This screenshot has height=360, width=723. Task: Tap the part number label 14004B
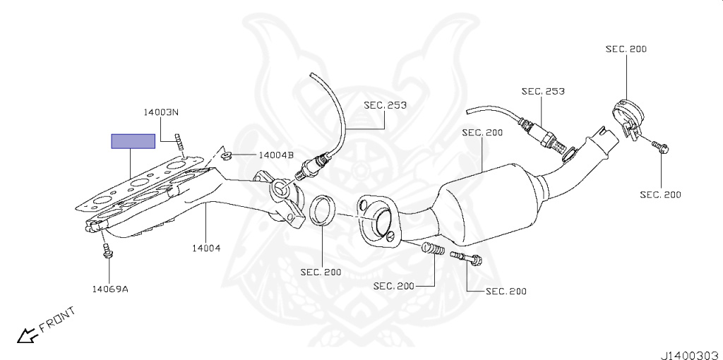[x=275, y=155]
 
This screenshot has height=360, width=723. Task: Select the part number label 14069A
[x=109, y=288]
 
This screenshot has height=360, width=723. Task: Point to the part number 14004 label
[x=205, y=248]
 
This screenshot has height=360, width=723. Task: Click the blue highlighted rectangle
[x=133, y=141]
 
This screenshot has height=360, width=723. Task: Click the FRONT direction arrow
[x=28, y=335]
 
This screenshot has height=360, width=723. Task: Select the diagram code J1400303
[x=689, y=349]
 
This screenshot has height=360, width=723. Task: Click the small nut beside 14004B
[x=227, y=155]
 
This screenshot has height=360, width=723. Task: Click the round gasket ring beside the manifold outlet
[x=323, y=210]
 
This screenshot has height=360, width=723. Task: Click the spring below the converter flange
[x=433, y=249]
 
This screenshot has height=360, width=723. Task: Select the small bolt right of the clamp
[x=661, y=147]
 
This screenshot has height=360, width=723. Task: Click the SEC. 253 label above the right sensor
[x=543, y=91]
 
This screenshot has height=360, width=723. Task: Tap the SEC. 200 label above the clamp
[x=626, y=49]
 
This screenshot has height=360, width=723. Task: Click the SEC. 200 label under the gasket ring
[x=321, y=271]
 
